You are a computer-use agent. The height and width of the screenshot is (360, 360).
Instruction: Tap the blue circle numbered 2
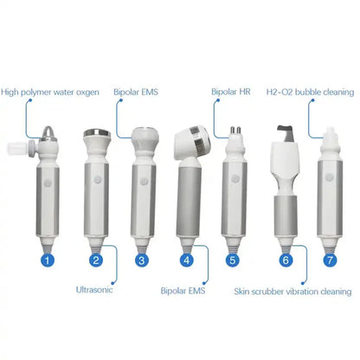[x=97, y=258]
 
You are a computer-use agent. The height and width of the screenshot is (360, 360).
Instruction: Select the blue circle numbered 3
[x=142, y=258]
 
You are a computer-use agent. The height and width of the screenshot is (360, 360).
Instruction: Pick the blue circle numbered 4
[x=188, y=258]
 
